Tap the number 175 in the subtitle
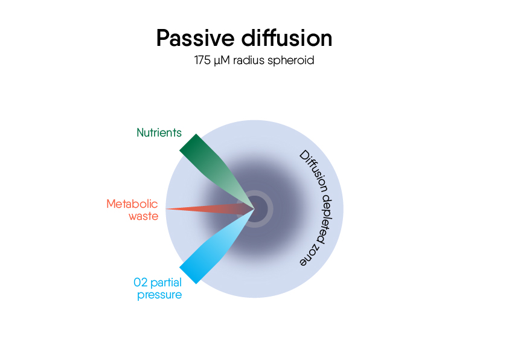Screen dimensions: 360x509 point(202,60)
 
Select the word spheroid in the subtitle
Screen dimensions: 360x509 point(293,61)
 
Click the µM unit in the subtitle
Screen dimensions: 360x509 point(221,61)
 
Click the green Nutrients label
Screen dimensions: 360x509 point(159,133)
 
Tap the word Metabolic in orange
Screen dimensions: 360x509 point(132,204)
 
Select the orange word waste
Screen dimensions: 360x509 point(144,216)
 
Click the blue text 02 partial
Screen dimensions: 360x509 point(158,282)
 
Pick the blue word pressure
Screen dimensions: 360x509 point(159,295)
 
